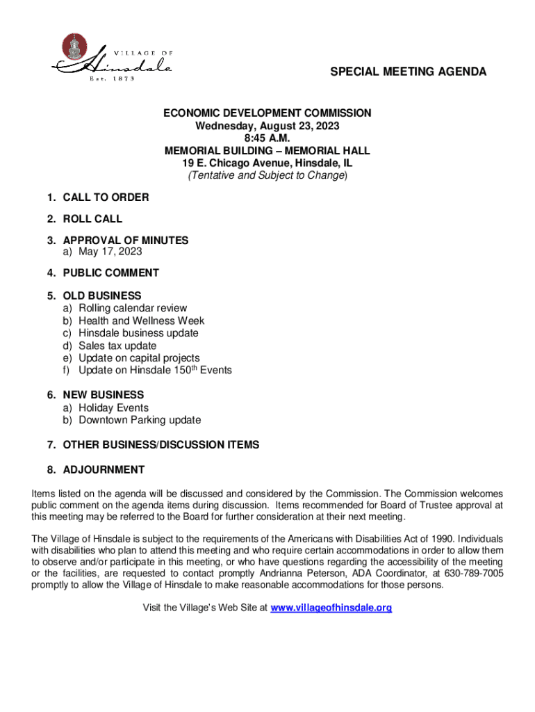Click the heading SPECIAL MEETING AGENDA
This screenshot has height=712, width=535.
point(408,72)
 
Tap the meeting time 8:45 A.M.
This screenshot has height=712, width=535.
point(267,138)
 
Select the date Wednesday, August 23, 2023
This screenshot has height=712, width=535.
point(267,126)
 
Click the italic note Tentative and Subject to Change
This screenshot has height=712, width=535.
point(267,176)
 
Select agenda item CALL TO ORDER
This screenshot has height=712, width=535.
point(106,197)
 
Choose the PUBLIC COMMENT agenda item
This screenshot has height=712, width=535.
point(110,273)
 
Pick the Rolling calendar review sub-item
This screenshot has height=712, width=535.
point(133,308)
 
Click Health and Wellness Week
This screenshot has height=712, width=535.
point(141,321)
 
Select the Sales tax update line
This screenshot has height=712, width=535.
point(117,346)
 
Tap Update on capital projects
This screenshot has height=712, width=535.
point(139,358)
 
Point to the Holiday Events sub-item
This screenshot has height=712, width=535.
point(113,407)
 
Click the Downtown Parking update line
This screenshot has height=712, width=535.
point(140,420)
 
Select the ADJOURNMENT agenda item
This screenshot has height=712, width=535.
point(104,470)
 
